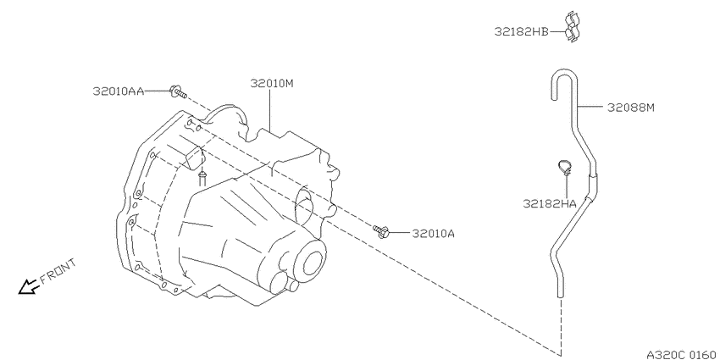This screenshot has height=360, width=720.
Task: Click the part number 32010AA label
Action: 119,91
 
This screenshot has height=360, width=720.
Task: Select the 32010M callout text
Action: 272,84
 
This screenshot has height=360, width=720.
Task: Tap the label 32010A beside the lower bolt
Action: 434,234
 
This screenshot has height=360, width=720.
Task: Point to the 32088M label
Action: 630,108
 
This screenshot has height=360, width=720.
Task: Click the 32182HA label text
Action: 550,203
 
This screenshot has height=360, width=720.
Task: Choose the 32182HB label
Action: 521,32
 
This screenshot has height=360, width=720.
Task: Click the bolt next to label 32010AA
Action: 178,91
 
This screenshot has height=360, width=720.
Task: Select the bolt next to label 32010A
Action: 381,231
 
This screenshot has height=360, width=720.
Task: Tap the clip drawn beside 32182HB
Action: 572,26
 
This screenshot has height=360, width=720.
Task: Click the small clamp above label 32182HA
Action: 565,168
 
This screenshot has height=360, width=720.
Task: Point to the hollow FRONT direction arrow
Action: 29,286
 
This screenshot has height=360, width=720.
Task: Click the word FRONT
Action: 58,272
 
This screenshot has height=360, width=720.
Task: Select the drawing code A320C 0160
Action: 681,354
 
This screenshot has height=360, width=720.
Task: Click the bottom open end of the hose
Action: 560,296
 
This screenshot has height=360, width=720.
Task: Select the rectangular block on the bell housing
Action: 195,158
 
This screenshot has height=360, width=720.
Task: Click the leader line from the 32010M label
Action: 269,110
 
